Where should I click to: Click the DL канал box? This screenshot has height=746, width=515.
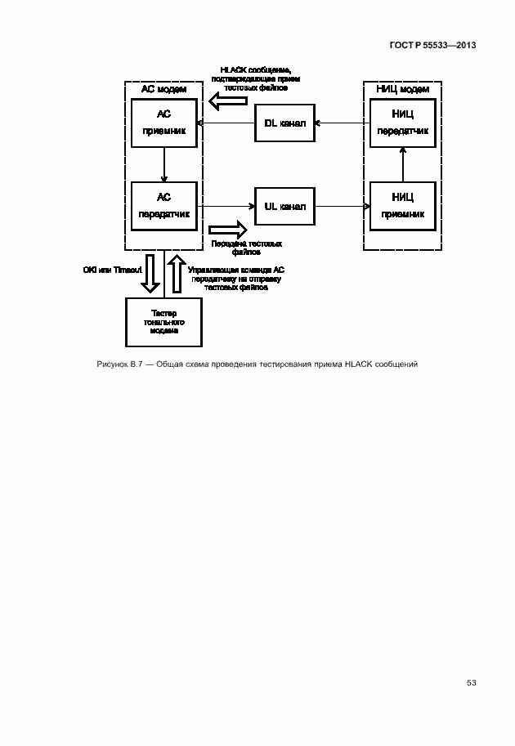point(284,123)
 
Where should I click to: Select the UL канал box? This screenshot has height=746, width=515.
point(284,207)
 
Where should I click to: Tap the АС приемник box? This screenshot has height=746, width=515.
point(164,123)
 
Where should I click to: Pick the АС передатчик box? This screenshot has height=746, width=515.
point(164,206)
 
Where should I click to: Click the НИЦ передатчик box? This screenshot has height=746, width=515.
point(402,123)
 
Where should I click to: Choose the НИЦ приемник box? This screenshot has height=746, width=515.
point(402,206)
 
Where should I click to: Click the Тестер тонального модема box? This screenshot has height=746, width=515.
point(164,322)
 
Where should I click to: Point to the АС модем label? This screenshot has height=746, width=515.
point(164,88)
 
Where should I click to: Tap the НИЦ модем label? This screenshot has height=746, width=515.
point(402,88)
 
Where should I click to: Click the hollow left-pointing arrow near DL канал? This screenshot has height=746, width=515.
point(227,101)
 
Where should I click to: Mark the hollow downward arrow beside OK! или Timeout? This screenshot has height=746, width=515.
point(150,274)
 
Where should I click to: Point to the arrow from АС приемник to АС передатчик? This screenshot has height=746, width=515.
point(164,165)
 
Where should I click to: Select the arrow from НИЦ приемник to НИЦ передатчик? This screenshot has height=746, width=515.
point(402,165)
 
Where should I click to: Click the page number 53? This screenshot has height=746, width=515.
point(471,682)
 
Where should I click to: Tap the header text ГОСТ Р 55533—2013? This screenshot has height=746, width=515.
point(432,44)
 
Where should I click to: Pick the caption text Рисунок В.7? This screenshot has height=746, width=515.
point(120,364)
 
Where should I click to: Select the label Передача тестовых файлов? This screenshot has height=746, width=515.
point(247,248)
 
